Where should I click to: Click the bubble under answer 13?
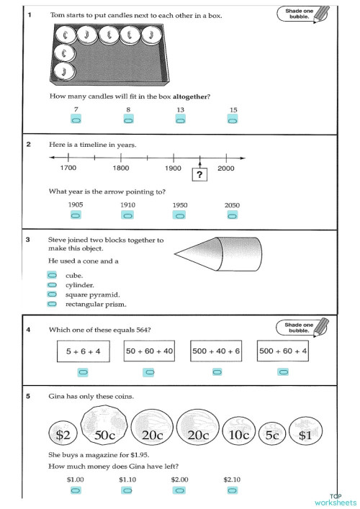point(180,120)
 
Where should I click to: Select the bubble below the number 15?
point(233,120)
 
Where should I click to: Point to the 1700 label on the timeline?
point(68,168)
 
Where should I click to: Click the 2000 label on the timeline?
point(226,168)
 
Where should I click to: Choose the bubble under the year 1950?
point(180,215)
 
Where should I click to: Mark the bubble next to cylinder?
point(52,285)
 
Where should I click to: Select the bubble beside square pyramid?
point(52,294)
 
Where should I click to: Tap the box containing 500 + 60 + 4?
point(283,351)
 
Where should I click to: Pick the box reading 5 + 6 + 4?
point(83,351)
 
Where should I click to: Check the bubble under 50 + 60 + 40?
point(149,371)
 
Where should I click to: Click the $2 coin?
point(63,434)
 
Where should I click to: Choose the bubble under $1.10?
point(127,490)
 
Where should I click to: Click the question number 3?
point(27,240)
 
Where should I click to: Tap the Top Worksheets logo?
point(335,500)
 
